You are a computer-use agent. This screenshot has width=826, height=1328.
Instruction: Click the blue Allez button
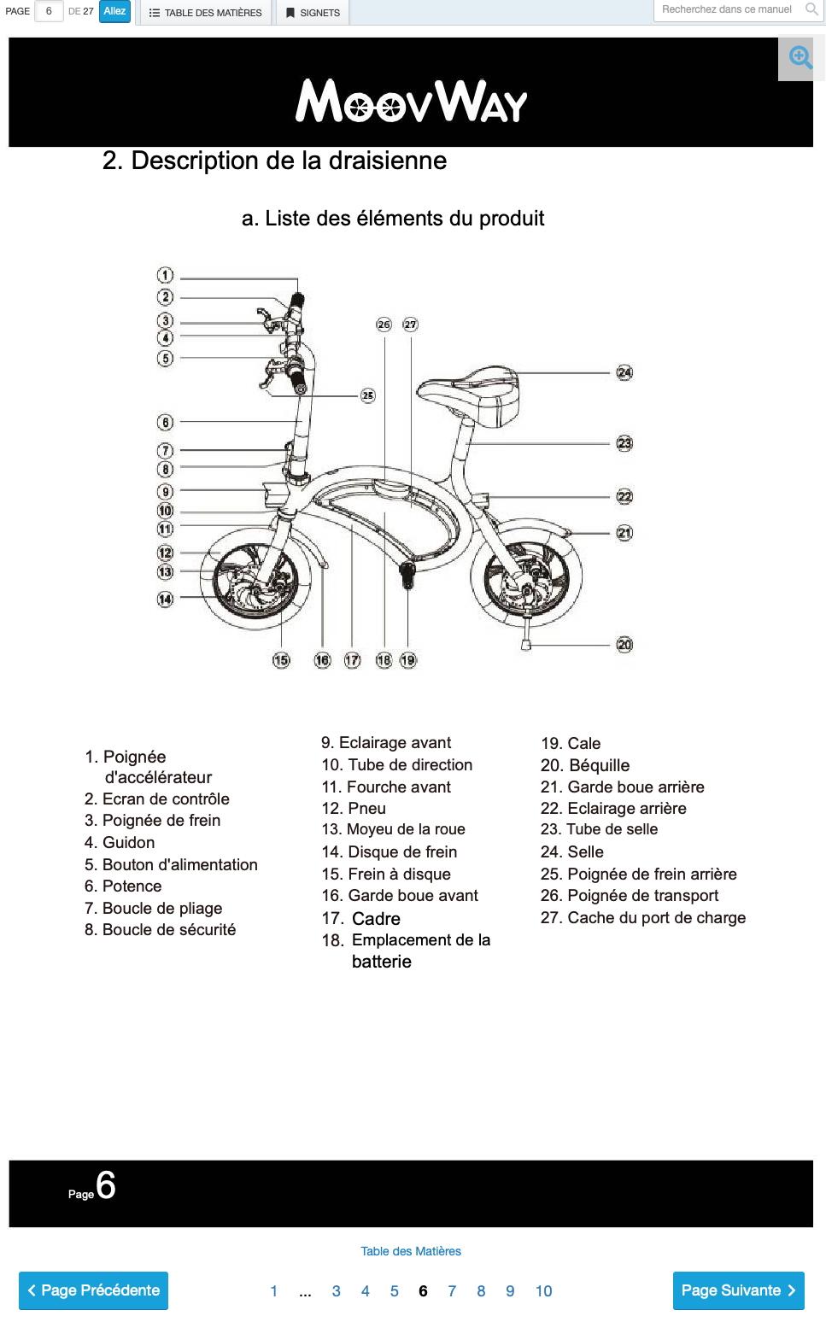(x=114, y=12)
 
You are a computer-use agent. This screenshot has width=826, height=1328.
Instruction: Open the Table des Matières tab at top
(x=205, y=13)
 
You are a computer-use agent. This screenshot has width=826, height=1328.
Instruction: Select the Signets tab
(x=313, y=13)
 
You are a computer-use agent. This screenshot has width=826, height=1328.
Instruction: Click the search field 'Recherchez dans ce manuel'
(x=728, y=9)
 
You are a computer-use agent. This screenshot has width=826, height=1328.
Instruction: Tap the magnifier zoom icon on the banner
(x=800, y=58)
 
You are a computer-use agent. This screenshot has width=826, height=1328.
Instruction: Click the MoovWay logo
(x=411, y=101)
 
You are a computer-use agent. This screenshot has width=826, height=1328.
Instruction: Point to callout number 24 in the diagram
(x=624, y=372)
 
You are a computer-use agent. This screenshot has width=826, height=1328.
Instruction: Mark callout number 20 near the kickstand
(x=624, y=645)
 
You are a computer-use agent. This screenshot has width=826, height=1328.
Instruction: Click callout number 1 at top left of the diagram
(x=165, y=275)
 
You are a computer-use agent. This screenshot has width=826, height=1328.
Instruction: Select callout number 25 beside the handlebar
(x=367, y=395)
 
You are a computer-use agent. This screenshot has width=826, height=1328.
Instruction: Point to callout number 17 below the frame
(x=352, y=660)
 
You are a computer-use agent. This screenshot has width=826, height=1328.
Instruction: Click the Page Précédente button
(x=93, y=1290)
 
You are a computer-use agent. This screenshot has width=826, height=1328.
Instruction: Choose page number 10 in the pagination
(x=543, y=1290)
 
